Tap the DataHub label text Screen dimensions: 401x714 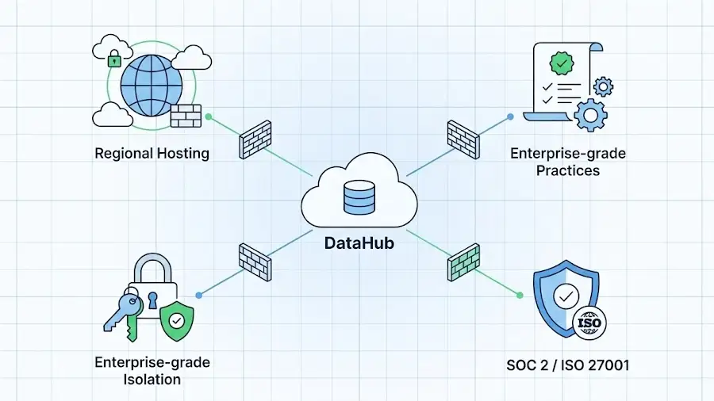(359, 243)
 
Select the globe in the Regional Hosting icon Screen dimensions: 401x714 (151, 86)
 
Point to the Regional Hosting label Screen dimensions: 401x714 (152, 153)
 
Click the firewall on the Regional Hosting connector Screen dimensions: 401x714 (255, 139)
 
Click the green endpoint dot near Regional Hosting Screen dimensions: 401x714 (209, 116)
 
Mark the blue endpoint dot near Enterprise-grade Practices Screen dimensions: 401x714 (510, 116)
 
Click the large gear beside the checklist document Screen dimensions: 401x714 (589, 113)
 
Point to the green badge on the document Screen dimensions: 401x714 (562, 61)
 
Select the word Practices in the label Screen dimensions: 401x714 (566, 170)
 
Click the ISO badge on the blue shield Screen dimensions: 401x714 (588, 323)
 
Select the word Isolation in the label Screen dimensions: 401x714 (152, 379)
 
